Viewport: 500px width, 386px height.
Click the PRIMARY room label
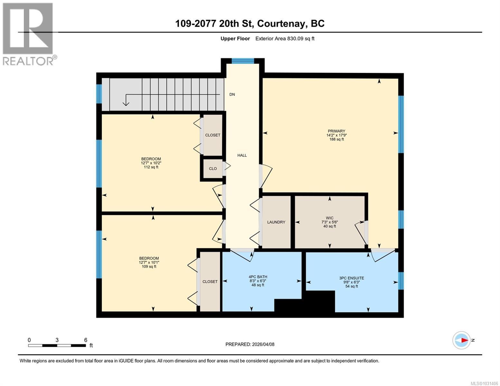point(336,131)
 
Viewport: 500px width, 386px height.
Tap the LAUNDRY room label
point(276,222)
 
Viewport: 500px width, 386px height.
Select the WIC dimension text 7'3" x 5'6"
point(330,222)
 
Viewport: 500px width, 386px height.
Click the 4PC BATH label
point(258,277)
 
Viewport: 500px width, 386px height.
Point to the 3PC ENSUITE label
point(352,278)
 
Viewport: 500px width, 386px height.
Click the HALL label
point(242,155)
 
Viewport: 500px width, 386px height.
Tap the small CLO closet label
point(213,169)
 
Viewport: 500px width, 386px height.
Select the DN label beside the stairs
point(232,95)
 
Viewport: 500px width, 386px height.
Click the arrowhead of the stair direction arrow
point(126,104)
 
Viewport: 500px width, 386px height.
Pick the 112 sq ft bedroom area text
point(151,167)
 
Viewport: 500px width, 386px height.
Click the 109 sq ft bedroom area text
point(149,266)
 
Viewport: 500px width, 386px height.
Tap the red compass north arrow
point(464,340)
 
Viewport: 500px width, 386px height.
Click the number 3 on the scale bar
point(57,340)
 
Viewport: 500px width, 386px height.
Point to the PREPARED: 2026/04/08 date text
point(250,344)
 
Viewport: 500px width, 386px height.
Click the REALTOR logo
point(28,34)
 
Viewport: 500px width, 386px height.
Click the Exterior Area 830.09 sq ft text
point(285,39)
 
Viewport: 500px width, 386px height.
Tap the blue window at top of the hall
point(243,61)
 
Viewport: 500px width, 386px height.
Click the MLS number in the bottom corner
point(485,383)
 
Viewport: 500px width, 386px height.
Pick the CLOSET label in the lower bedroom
point(210,281)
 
